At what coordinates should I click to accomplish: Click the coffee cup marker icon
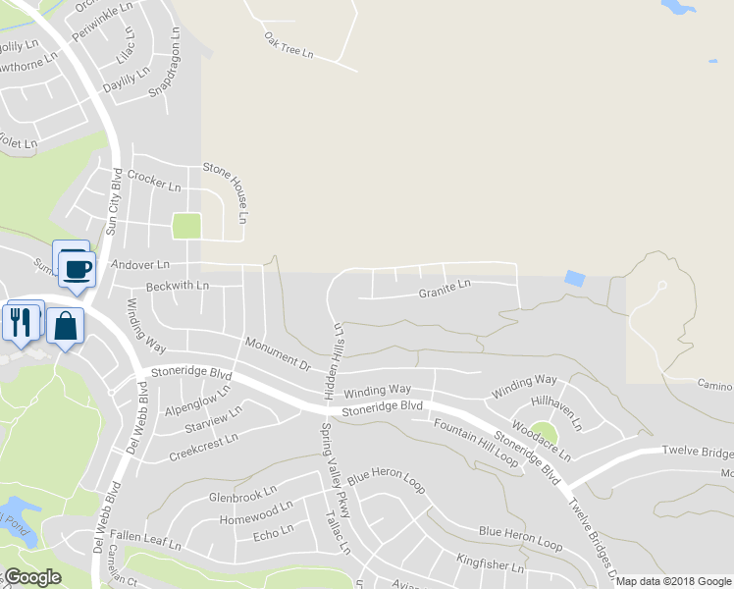pyautogui.click(x=77, y=267)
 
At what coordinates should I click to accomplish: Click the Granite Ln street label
pyautogui.click(x=445, y=291)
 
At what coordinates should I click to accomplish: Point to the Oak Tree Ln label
pyautogui.click(x=287, y=44)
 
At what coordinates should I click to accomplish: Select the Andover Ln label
pyautogui.click(x=140, y=265)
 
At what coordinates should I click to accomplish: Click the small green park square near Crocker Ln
pyautogui.click(x=185, y=226)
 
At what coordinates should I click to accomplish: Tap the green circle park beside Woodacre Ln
pyautogui.click(x=545, y=433)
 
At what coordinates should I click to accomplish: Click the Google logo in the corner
pyautogui.click(x=32, y=577)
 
